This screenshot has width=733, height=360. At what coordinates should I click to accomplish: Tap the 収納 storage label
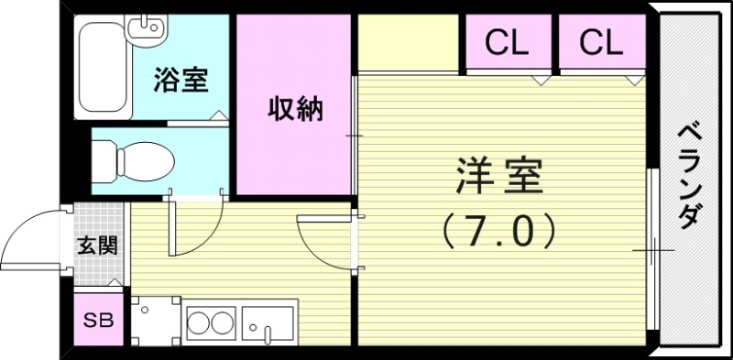pos(295,109)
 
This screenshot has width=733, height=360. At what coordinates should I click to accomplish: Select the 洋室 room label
pos(499,176)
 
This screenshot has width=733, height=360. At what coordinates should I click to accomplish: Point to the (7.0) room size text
pos(499,229)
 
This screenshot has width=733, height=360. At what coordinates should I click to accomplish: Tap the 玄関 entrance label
pos(96,245)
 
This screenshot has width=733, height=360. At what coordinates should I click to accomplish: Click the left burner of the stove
pos(200,324)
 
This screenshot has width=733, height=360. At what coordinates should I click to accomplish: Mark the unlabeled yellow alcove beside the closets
pos(407,43)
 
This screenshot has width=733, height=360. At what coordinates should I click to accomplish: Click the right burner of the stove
pos(222,324)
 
